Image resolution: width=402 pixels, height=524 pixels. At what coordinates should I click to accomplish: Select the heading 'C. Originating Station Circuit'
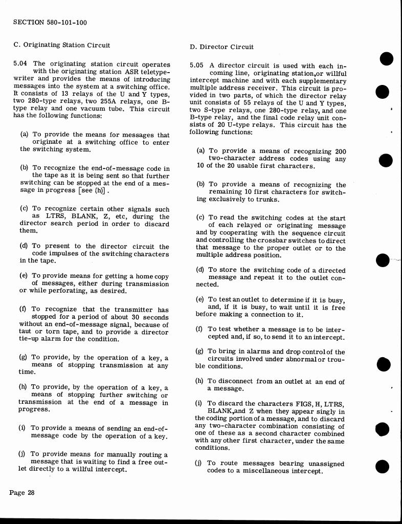coord(61,45)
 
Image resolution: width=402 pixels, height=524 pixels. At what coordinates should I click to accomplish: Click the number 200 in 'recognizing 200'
coord(340,151)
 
